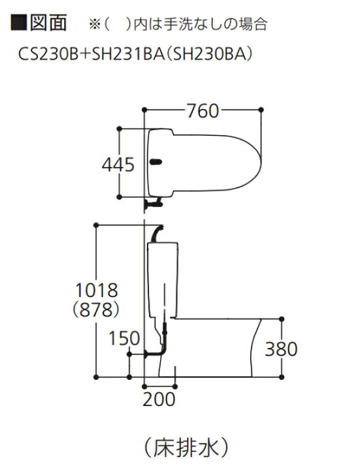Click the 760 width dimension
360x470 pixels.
[203, 111]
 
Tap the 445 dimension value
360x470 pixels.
[118, 165]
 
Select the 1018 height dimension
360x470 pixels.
[97, 290]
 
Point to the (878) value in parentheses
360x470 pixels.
[96, 309]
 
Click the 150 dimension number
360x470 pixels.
[124, 338]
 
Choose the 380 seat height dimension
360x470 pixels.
[281, 349]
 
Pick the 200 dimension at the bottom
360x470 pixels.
[159, 399]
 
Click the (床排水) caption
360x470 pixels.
[186, 448]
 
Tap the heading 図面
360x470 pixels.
[48, 22]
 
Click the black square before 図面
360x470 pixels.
[19, 22]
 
